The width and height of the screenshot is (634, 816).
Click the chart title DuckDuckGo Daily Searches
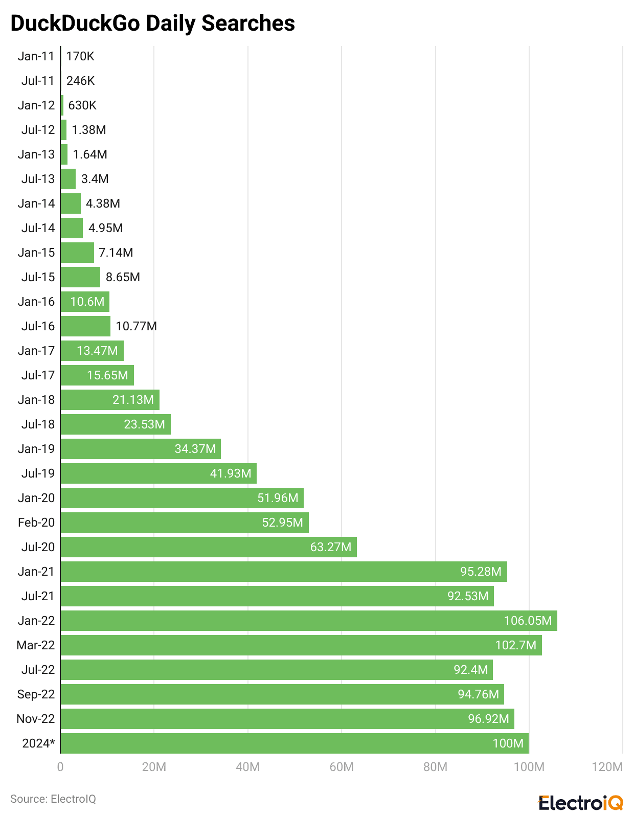point(153,24)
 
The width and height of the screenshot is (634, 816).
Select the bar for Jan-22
point(309,621)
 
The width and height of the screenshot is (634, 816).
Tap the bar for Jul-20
point(209,547)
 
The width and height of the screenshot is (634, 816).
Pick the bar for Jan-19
point(141,449)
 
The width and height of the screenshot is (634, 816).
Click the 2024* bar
point(295,743)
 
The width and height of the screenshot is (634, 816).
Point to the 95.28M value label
point(481,572)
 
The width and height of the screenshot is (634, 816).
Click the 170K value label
point(80,56)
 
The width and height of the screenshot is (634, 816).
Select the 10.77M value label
point(136,326)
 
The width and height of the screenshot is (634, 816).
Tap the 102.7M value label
point(515,645)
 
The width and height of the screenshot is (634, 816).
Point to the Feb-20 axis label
point(36,523)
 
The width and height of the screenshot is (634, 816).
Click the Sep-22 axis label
point(36,694)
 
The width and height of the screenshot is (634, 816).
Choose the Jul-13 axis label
point(38,179)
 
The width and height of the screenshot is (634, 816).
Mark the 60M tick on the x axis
point(342,767)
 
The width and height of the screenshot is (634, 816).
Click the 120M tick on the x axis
point(607,767)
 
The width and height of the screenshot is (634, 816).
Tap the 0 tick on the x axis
point(60,767)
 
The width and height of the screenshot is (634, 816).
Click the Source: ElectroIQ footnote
point(53,799)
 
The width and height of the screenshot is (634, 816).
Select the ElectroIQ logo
point(581,802)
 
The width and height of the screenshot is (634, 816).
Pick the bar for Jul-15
point(80,277)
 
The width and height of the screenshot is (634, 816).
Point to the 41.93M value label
point(231,473)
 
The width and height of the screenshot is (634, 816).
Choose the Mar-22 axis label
point(35,645)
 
